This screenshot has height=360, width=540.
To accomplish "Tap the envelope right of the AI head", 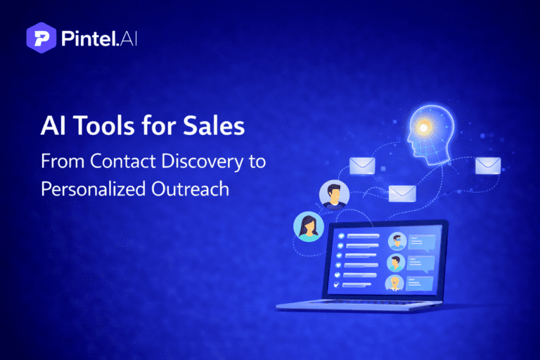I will [487, 165].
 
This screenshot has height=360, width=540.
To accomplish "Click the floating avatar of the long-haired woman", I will [309, 226].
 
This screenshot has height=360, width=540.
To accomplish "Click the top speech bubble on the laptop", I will [421, 241].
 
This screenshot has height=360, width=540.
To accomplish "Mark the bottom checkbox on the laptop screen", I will [336, 285].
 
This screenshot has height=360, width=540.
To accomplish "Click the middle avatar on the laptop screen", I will [396, 262].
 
